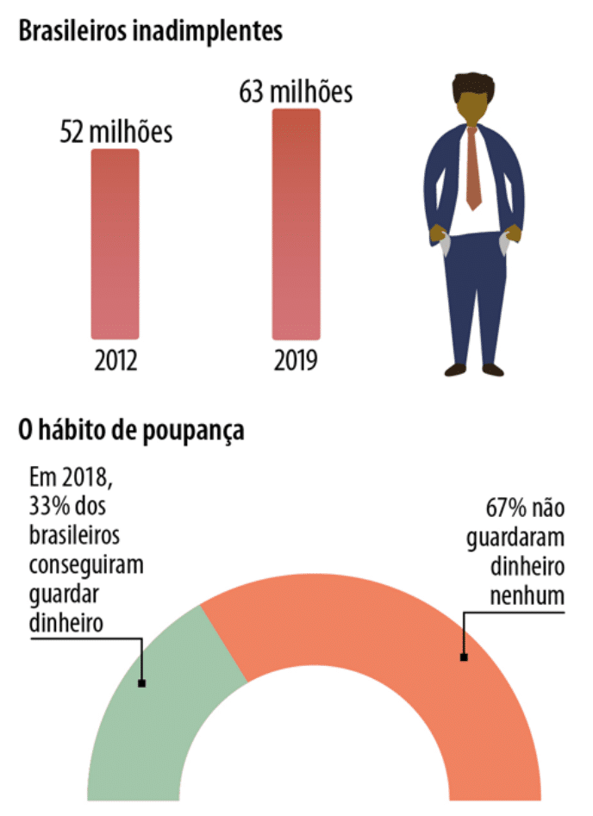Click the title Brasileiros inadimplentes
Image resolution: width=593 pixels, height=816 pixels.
(x=151, y=32)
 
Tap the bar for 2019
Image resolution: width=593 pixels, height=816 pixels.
(x=296, y=224)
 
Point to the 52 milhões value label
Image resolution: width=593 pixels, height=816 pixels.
(x=115, y=133)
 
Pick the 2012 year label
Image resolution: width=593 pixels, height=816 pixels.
(x=115, y=359)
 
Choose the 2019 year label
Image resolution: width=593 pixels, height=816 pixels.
(x=296, y=359)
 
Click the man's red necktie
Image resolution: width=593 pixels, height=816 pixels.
(x=473, y=168)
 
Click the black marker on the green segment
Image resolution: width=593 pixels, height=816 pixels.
(x=141, y=683)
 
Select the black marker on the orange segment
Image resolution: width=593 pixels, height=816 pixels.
(x=464, y=657)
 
